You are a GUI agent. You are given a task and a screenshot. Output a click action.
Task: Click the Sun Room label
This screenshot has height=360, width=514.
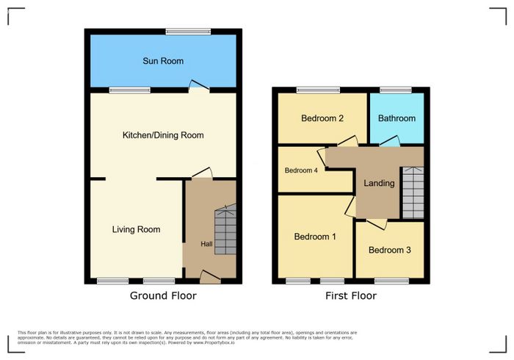click(163, 61)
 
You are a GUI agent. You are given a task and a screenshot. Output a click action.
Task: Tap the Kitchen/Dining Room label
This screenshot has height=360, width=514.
click(163, 135)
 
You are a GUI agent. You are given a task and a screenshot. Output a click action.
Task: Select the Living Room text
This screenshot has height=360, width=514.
click(136, 229)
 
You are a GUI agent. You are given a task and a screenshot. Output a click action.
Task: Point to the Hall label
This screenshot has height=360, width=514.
click(206, 244)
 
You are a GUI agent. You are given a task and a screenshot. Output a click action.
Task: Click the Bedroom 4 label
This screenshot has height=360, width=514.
click(301, 170)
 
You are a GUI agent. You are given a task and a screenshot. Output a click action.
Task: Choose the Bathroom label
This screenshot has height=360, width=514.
click(397, 118)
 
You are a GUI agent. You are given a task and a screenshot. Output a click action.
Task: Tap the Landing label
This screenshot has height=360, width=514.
click(379, 183)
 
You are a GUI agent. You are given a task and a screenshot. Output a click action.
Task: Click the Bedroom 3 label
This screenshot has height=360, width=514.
click(389, 251)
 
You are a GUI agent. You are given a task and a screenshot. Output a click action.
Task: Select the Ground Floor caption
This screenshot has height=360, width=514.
click(163, 296)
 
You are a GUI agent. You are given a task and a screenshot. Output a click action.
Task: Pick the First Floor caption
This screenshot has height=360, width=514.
click(351, 296)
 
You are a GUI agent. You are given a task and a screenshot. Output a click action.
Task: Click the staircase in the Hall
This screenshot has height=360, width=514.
click(225, 229)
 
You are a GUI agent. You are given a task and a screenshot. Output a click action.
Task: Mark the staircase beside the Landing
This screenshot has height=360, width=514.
click(413, 192)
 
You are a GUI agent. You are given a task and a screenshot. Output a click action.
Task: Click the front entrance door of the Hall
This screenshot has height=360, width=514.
click(210, 277)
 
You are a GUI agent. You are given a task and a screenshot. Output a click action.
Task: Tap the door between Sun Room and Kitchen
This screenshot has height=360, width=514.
click(199, 85)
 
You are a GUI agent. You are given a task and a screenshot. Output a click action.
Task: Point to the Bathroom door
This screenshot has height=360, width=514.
click(390, 141)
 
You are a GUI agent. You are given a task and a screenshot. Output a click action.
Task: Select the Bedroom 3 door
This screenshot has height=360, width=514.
click(377, 224)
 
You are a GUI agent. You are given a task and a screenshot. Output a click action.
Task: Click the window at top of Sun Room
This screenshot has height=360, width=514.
click(188, 32)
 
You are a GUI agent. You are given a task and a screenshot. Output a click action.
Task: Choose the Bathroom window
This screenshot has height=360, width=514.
click(396, 90)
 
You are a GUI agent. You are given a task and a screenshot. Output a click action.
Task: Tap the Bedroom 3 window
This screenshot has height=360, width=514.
click(391, 281)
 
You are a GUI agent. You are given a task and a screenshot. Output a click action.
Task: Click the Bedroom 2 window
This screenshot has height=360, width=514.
click(318, 90)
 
